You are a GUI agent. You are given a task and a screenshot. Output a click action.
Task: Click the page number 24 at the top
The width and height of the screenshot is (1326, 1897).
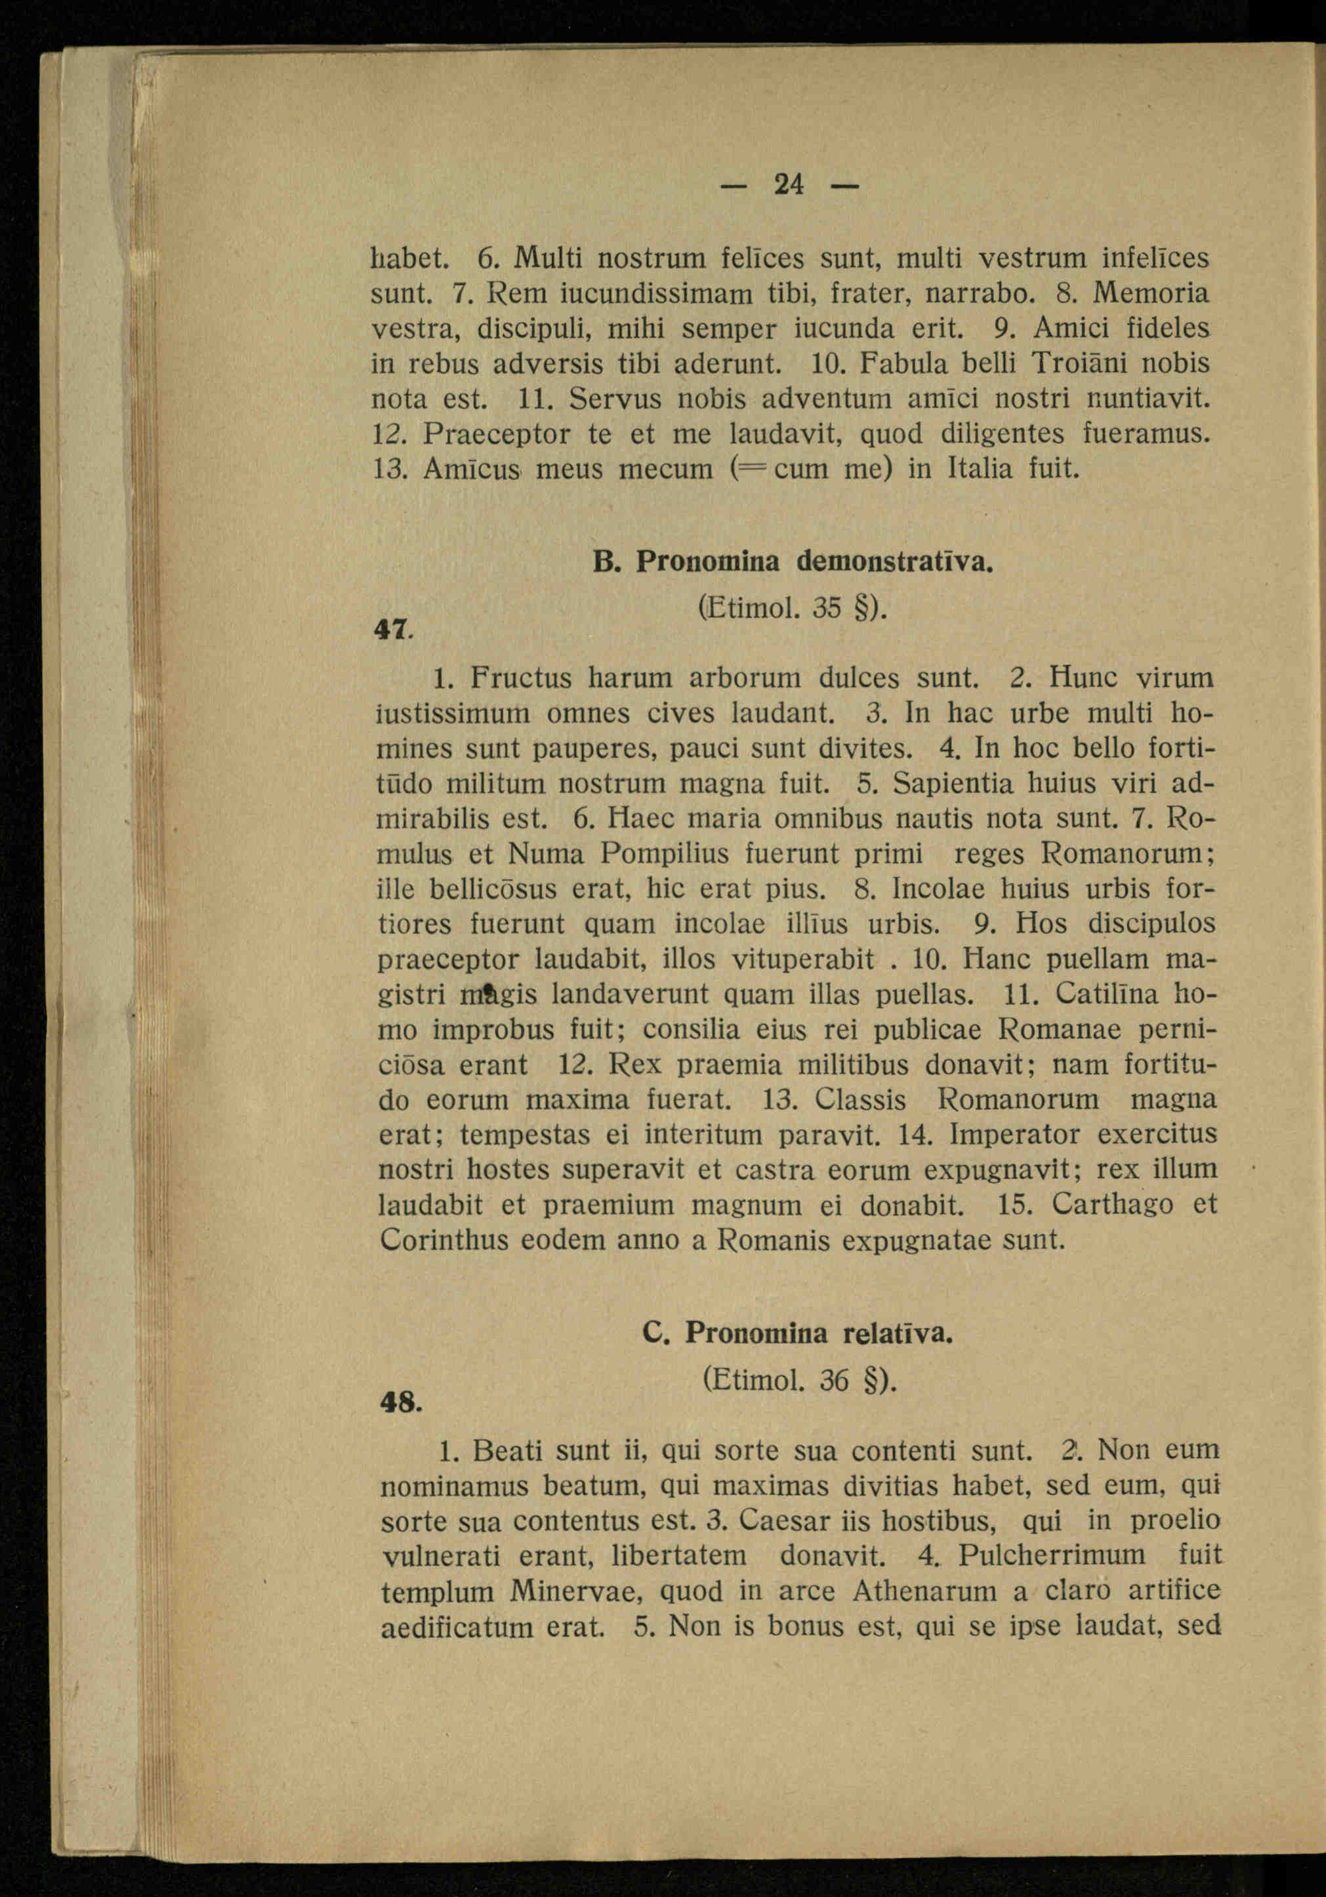789,184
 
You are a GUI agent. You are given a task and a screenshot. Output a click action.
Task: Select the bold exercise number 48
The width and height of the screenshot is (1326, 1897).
399,1402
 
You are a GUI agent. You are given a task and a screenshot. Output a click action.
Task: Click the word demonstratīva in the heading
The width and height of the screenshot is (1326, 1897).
895,562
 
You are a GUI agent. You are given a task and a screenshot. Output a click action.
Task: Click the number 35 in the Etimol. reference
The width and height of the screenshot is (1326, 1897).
826,608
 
